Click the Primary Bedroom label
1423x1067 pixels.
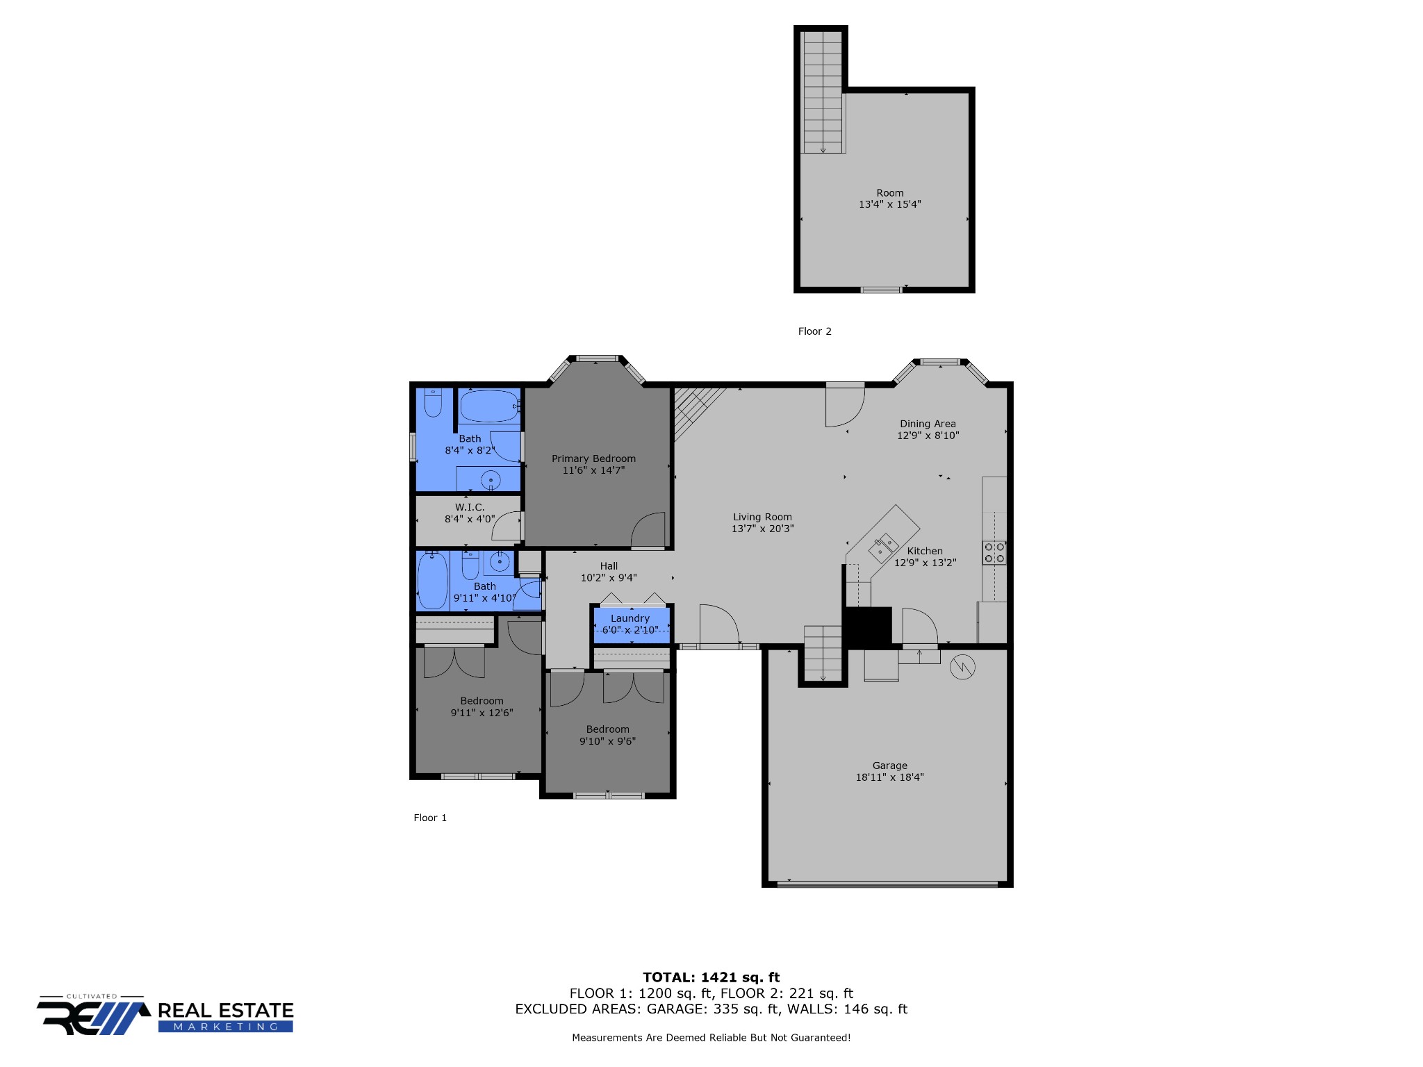593,458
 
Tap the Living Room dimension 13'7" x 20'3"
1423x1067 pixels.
762,529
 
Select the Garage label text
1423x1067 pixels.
890,766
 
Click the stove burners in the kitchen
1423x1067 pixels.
994,553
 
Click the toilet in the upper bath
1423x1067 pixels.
433,402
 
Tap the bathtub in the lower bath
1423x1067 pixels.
432,580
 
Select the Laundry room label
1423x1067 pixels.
630,618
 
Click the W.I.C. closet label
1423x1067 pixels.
470,508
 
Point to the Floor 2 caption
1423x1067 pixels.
814,331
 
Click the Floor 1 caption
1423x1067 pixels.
430,818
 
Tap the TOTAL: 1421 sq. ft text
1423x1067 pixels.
711,977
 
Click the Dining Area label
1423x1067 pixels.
928,424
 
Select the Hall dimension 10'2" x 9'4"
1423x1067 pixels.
609,578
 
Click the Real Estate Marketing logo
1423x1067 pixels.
165,1016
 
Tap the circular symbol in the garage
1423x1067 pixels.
962,667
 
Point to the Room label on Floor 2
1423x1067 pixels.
890,193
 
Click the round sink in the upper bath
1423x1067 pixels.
491,480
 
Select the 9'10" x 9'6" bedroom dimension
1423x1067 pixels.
607,741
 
